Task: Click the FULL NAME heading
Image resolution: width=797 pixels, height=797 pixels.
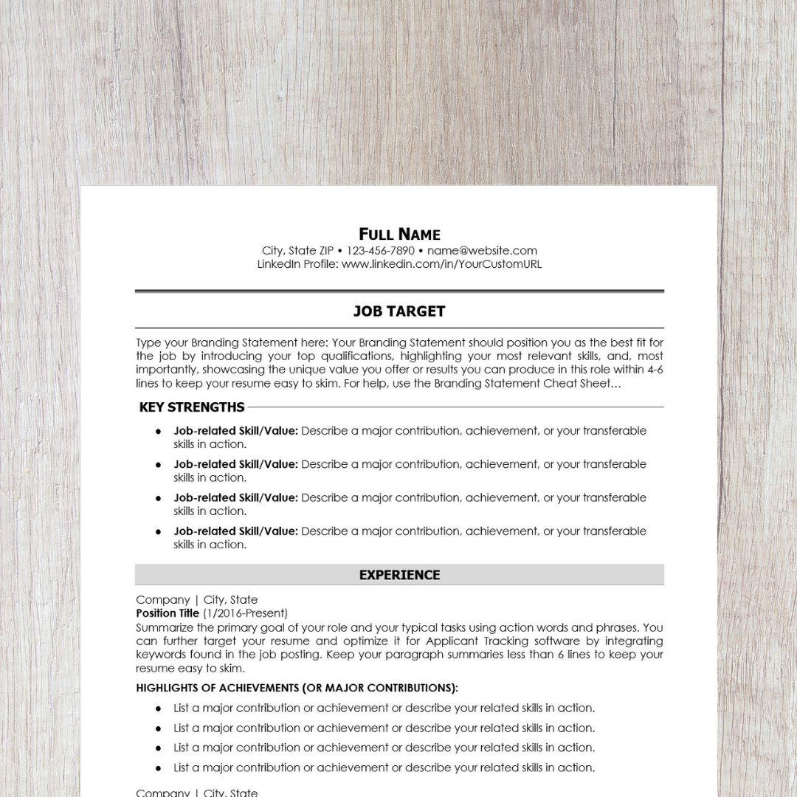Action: coord(399,235)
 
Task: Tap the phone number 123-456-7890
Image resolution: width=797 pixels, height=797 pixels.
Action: coord(380,251)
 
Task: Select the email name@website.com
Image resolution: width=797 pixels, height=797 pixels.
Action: coord(482,251)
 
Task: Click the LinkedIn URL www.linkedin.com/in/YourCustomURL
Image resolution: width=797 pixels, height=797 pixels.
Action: coord(441,264)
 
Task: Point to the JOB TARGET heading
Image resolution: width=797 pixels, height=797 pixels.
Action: coord(399,311)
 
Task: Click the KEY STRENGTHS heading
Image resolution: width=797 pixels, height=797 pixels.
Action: coord(192,407)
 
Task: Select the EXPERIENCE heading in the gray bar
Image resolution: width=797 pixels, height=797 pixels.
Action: coord(399,575)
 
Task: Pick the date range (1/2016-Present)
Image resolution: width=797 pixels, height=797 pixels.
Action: coord(245,613)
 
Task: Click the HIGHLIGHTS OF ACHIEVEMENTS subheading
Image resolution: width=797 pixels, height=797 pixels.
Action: coord(297,688)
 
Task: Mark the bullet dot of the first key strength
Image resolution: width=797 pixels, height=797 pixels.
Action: coord(158,431)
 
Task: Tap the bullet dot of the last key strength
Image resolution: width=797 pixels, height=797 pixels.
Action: coord(158,531)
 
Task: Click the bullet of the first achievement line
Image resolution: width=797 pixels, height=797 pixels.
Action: coord(158,708)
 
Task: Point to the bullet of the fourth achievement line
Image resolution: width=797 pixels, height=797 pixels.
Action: coord(158,768)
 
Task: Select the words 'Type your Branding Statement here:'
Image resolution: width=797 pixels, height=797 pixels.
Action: coord(232,342)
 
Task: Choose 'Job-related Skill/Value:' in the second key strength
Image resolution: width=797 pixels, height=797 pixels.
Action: coord(235,464)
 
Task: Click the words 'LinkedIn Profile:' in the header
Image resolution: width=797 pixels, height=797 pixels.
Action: coord(297,264)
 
